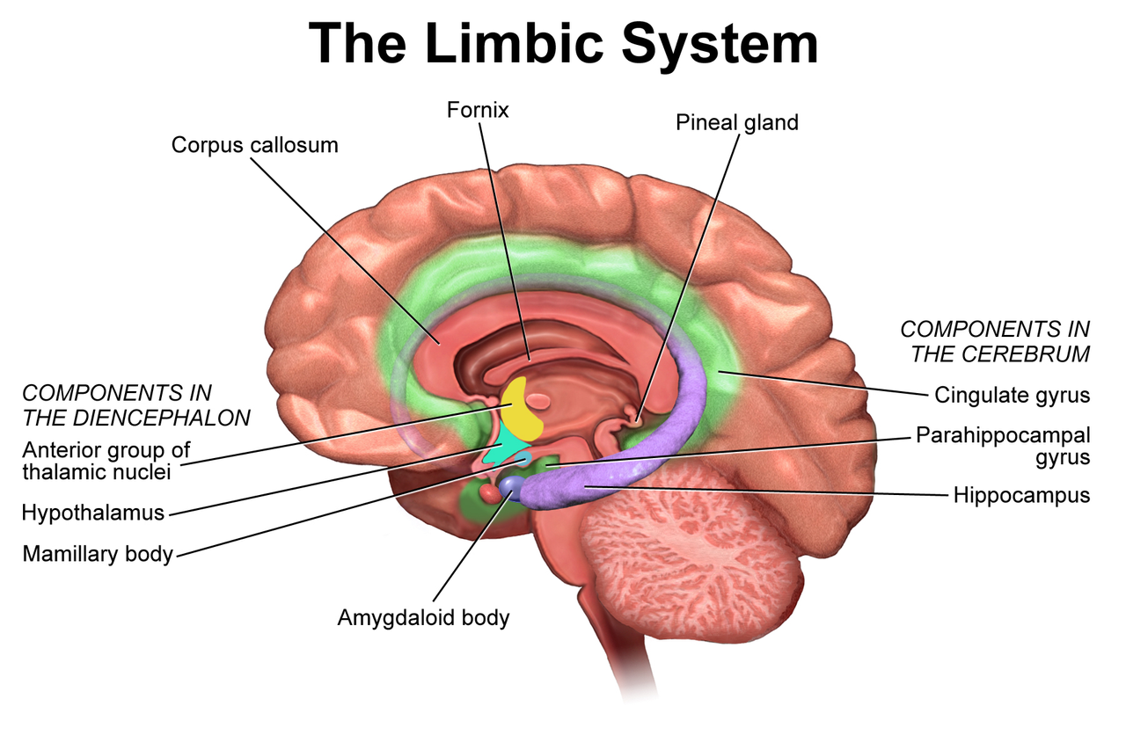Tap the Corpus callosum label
(x=254, y=144)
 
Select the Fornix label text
(x=478, y=111)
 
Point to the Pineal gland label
(x=736, y=122)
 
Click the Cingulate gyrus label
(x=1012, y=395)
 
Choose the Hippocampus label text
(x=1021, y=495)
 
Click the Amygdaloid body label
(x=423, y=617)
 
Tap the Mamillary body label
(x=98, y=554)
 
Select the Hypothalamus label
(x=93, y=512)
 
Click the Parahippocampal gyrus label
(x=1002, y=446)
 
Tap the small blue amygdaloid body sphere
(x=510, y=484)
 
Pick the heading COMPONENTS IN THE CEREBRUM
(x=995, y=341)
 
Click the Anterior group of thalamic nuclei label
(x=106, y=461)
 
